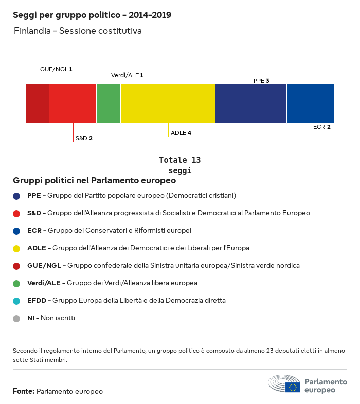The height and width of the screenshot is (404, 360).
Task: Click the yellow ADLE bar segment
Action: click(x=168, y=104)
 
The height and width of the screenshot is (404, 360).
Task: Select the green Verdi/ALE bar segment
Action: click(x=109, y=104)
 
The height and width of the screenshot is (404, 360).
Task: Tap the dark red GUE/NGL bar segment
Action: click(x=37, y=104)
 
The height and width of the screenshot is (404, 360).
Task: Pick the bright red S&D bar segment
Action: click(x=73, y=104)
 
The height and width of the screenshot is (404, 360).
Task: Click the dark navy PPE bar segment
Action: click(x=250, y=104)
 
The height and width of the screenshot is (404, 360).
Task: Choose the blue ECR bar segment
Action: click(x=310, y=104)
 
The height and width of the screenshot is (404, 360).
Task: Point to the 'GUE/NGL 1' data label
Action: click(x=56, y=69)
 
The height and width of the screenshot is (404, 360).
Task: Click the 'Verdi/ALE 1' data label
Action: click(x=127, y=75)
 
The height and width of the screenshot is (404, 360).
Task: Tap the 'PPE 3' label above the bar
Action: click(x=261, y=81)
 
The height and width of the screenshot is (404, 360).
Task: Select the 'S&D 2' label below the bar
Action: click(x=84, y=138)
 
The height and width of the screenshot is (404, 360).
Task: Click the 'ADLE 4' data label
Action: click(x=181, y=133)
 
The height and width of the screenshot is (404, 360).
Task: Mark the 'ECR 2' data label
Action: click(x=321, y=127)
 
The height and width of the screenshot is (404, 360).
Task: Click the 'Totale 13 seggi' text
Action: click(x=179, y=165)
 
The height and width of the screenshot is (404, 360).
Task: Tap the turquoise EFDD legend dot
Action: click(x=16, y=301)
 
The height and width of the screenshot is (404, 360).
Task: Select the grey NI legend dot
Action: click(x=16, y=318)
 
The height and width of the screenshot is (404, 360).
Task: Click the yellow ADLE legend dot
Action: click(x=16, y=248)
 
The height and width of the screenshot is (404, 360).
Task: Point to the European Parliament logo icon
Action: click(x=284, y=384)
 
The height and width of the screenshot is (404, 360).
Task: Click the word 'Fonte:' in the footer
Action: click(x=24, y=392)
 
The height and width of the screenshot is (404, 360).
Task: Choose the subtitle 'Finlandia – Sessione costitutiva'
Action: click(x=78, y=31)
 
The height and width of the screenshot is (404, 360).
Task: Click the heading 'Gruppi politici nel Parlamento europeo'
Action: click(x=95, y=181)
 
